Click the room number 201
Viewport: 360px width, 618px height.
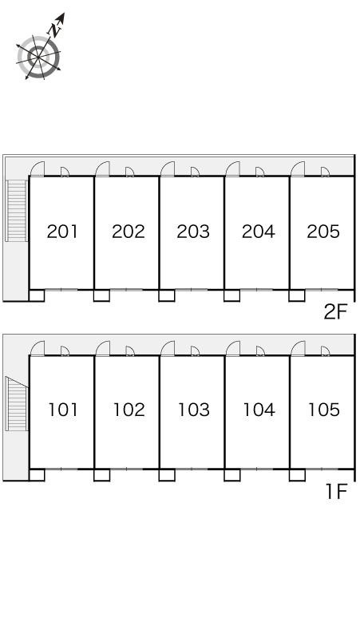(62, 232)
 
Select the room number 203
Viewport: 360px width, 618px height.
(193, 232)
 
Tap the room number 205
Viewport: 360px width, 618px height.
(323, 232)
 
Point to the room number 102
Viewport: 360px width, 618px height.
(129, 410)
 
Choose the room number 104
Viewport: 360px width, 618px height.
(259, 410)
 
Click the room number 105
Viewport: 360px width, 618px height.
(324, 410)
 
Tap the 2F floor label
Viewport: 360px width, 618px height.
(335, 312)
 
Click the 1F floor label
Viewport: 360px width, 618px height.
(336, 492)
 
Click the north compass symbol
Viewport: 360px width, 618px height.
(39, 54)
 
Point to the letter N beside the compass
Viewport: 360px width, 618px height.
(54, 30)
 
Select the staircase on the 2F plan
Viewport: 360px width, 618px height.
(17, 211)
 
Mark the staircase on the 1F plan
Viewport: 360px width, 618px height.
(17, 402)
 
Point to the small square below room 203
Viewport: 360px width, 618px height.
(167, 295)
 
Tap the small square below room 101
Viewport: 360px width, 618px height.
(37, 475)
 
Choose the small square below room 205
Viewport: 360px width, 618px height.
(297, 295)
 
